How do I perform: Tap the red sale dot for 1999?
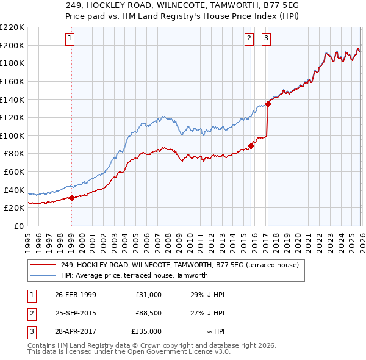71,197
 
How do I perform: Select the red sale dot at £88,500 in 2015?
251,146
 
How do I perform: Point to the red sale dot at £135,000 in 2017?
268,104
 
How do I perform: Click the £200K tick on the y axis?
13,45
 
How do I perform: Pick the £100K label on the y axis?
13,135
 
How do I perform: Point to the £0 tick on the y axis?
18,226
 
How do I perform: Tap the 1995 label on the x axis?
27,239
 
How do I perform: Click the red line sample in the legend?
42,265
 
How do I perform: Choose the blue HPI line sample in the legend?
42,275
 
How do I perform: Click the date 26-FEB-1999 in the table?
75,295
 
